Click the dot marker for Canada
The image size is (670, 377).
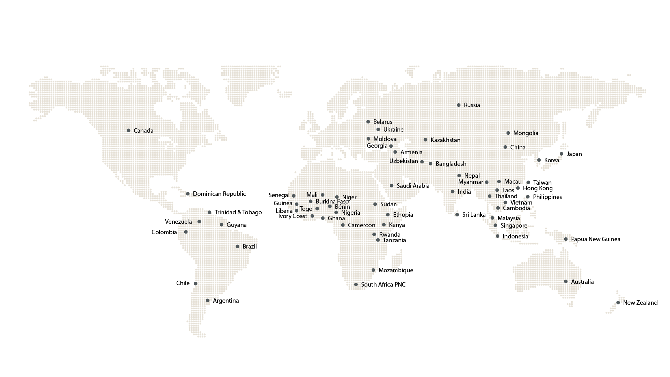pyautogui.click(x=128, y=131)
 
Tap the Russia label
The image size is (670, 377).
pyautogui.click(x=472, y=105)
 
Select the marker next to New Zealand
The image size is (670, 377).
pyautogui.click(x=618, y=303)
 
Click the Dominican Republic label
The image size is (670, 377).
pyautogui.click(x=219, y=194)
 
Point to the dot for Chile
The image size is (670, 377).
pyautogui.click(x=195, y=283)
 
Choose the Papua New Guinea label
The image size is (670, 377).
pyautogui.click(x=595, y=239)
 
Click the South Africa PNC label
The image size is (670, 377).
pyautogui.click(x=383, y=284)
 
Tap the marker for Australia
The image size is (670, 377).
pyautogui.click(x=566, y=282)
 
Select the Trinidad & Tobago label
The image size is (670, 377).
pyautogui.click(x=238, y=212)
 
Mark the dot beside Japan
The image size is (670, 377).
pyautogui.click(x=561, y=154)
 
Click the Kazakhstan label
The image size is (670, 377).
pyautogui.click(x=445, y=140)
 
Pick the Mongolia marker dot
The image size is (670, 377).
pyautogui.click(x=508, y=133)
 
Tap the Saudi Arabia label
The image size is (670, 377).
pyautogui.click(x=413, y=186)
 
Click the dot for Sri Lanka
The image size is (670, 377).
pyautogui.click(x=457, y=215)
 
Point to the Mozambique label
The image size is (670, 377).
pyautogui.click(x=396, y=270)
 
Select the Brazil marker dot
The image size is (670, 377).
pyautogui.click(x=237, y=246)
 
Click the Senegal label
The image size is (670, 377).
pyautogui.click(x=279, y=195)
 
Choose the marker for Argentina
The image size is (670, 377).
pyautogui.click(x=208, y=301)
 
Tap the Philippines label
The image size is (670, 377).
pyautogui.click(x=547, y=197)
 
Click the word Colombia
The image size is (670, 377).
pyautogui.click(x=164, y=232)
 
